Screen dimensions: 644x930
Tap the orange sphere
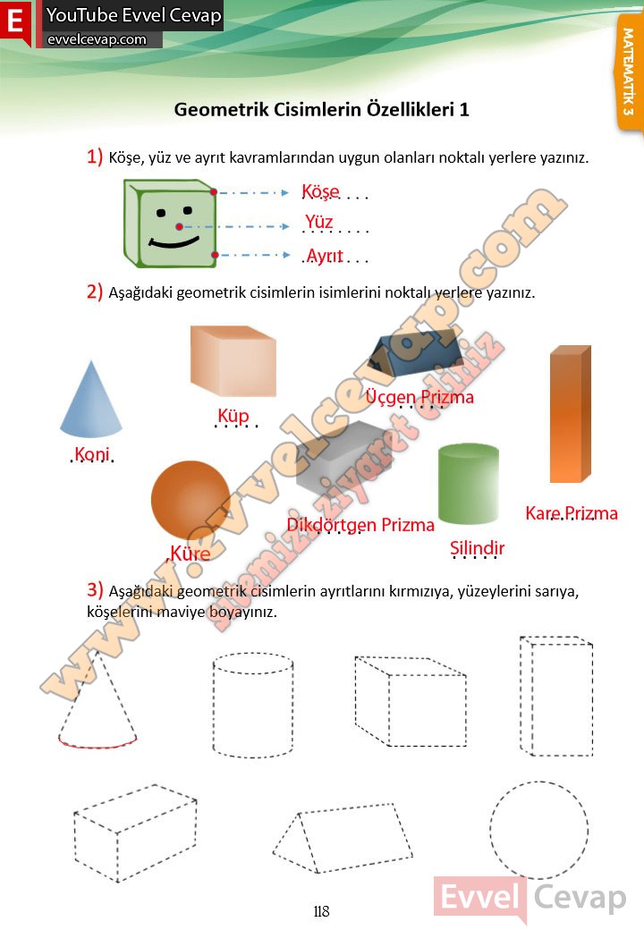[191, 500]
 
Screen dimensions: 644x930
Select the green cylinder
[468, 484]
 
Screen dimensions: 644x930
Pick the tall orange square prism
[570, 414]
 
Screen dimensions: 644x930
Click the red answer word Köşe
[320, 191]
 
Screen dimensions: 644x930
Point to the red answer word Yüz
[318, 222]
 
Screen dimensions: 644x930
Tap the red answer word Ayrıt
[325, 256]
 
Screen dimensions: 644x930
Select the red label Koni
[92, 453]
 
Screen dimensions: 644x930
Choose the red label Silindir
[477, 548]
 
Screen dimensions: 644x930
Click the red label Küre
[190, 554]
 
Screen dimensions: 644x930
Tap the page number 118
[321, 911]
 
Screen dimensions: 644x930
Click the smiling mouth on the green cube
[174, 241]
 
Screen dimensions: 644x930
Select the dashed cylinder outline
[214, 706]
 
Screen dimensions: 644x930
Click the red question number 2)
[95, 292]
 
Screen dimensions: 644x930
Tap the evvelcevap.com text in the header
[97, 39]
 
